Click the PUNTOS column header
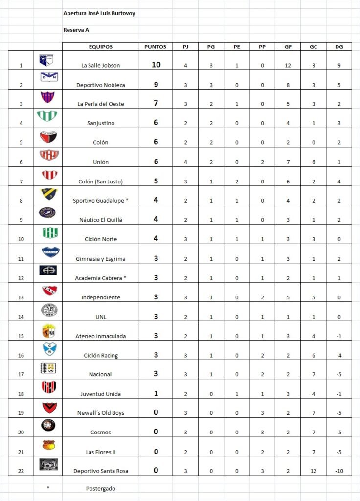pyautogui.click(x=156, y=47)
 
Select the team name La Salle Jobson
pyautogui.click(x=100, y=65)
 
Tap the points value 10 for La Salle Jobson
pyautogui.click(x=156, y=65)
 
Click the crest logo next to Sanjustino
pyautogui.click(x=47, y=116)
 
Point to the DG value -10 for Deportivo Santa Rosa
pyautogui.click(x=339, y=471)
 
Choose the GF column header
pyautogui.click(x=288, y=47)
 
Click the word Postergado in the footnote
pyautogui.click(x=100, y=488)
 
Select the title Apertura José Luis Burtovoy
pyautogui.click(x=99, y=14)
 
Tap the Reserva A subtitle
pyautogui.click(x=76, y=30)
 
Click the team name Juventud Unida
pyautogui.click(x=100, y=394)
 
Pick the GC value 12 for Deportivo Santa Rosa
pyautogui.click(x=313, y=471)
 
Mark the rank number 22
pyautogui.click(x=21, y=471)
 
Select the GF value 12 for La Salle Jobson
pyautogui.click(x=288, y=65)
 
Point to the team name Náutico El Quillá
pyautogui.click(x=100, y=220)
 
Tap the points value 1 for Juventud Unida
pyautogui.click(x=156, y=393)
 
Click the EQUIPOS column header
pyautogui.click(x=100, y=47)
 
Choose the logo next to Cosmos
pyautogui.click(x=48, y=426)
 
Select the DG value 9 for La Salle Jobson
pyautogui.click(x=339, y=65)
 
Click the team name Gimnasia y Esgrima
pyautogui.click(x=100, y=258)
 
